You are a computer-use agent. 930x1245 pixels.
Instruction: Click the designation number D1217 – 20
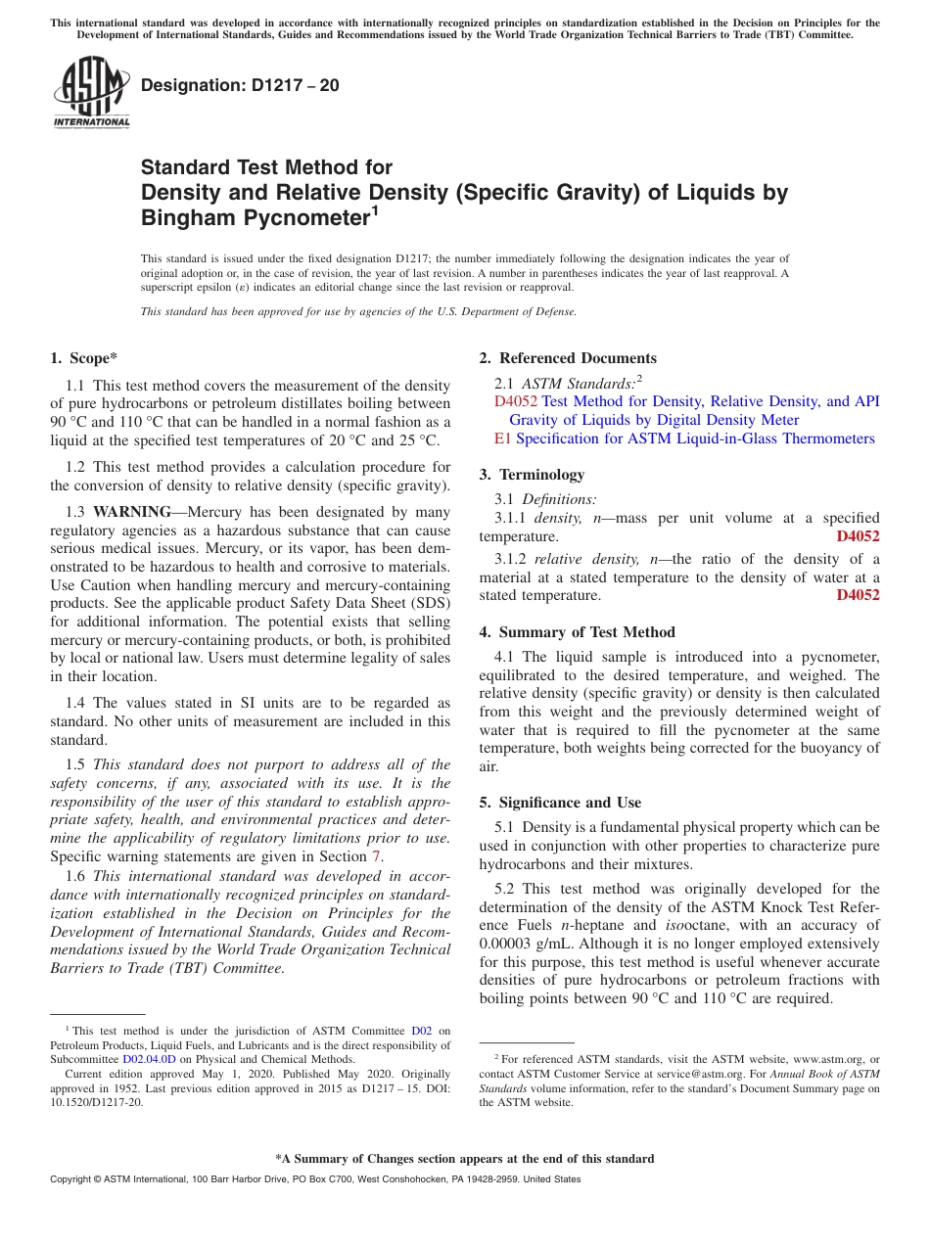click(240, 85)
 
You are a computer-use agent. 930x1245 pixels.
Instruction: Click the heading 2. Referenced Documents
click(568, 358)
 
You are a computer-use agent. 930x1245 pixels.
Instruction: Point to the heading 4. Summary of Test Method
click(577, 632)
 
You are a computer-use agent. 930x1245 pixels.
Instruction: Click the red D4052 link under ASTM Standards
click(516, 401)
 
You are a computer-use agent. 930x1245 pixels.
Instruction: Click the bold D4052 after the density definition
click(858, 536)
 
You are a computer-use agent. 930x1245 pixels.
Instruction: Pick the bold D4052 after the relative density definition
click(858, 595)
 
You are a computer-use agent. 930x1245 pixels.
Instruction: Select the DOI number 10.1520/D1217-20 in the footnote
click(96, 1102)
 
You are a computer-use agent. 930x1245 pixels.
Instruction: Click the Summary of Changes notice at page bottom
click(464, 1159)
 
